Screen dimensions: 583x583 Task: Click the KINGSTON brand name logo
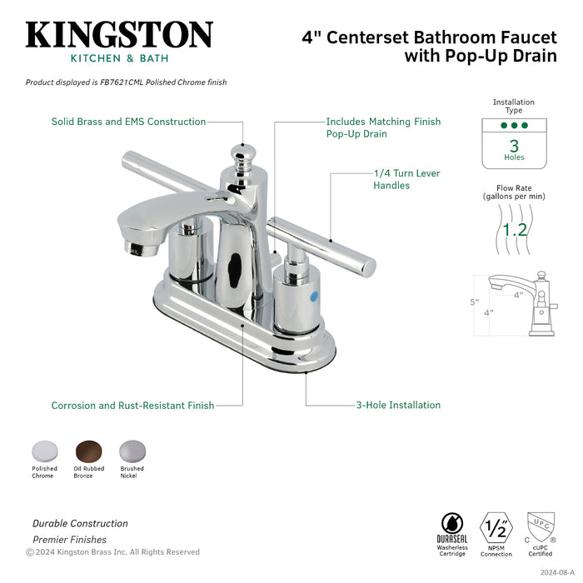coord(119,35)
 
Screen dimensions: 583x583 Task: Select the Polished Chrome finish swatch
coord(44,451)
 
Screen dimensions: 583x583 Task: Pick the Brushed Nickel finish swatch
coord(131,451)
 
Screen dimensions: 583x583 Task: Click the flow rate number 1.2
coord(514,228)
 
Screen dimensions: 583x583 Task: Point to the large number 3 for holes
coord(514,145)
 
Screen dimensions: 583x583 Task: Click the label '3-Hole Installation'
coord(397,406)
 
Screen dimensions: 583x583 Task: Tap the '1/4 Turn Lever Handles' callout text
coord(406,179)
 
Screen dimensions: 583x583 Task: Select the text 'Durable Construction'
coord(80,524)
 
